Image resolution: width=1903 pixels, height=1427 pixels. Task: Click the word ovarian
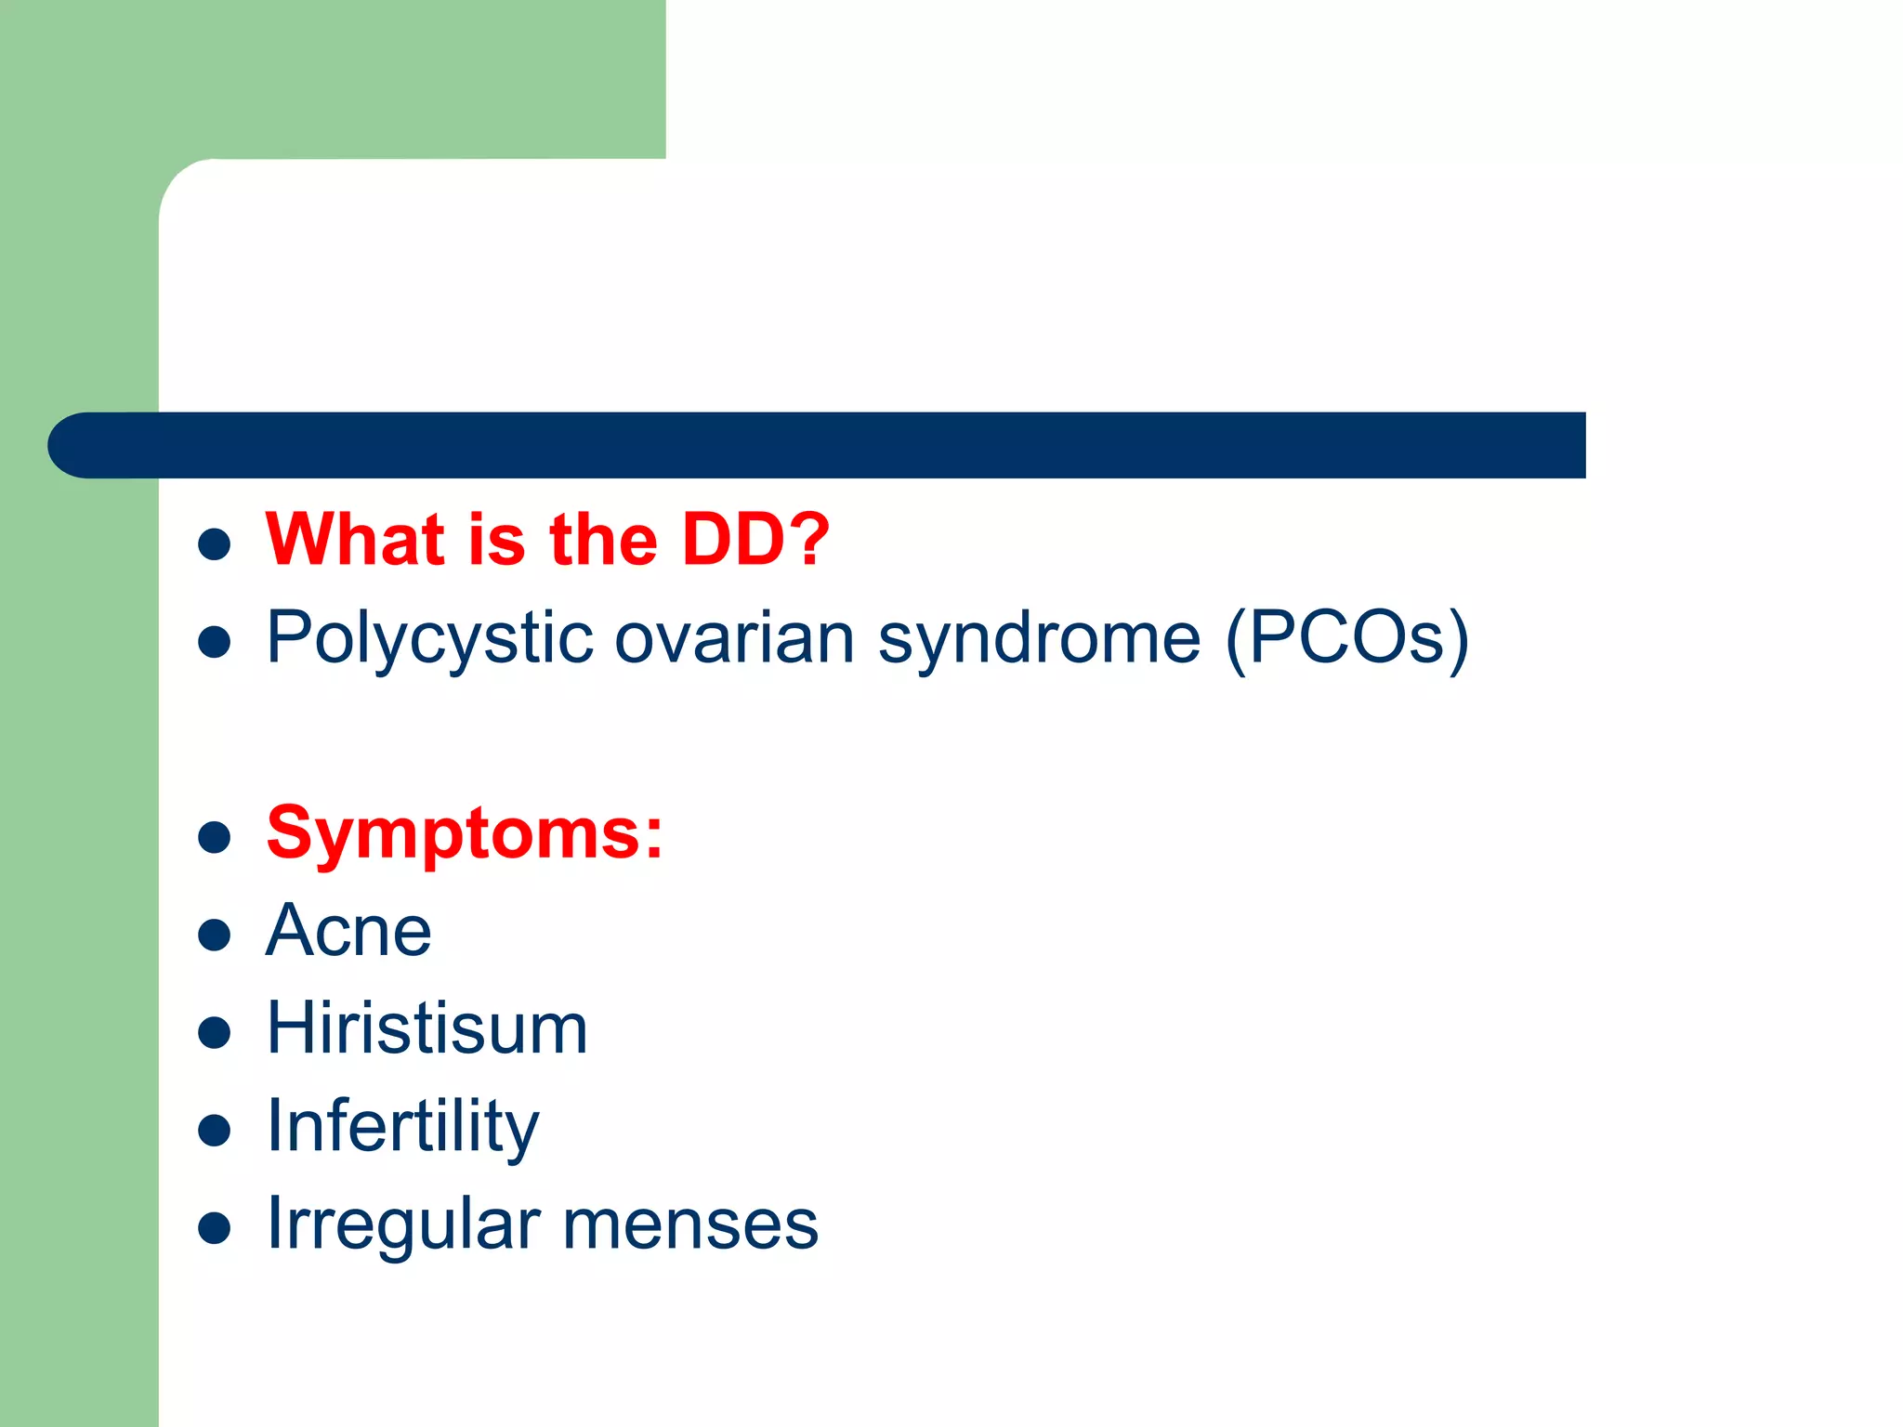(x=734, y=639)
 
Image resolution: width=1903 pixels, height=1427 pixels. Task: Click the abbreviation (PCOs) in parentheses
(x=1347, y=639)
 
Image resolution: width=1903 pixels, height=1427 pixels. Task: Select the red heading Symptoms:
(x=465, y=834)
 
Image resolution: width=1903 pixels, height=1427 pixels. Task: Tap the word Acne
(x=348, y=931)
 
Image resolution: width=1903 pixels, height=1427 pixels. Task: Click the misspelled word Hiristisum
(x=427, y=1028)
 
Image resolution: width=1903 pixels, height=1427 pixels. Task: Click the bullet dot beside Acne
(x=215, y=935)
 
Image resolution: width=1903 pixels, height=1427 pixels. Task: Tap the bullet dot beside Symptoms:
(x=215, y=837)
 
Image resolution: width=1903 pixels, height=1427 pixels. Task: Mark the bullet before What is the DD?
(x=215, y=544)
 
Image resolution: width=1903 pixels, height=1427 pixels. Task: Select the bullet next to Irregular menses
(x=215, y=1228)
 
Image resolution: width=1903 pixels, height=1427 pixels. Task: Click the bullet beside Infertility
(x=215, y=1130)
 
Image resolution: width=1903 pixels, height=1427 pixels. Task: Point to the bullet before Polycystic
(x=215, y=642)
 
